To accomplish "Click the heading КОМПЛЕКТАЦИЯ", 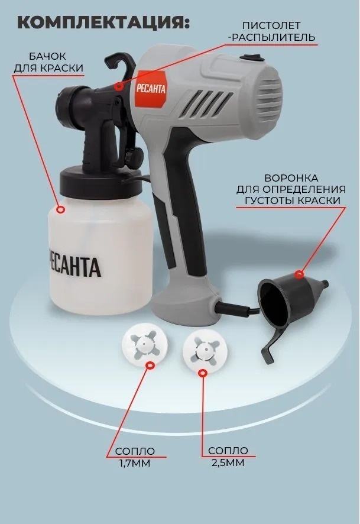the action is (x=103, y=22).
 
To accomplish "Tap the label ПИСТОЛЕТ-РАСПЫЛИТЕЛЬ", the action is (x=271, y=31).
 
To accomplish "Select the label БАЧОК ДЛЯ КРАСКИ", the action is (x=48, y=62).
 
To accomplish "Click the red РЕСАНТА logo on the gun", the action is (x=151, y=89).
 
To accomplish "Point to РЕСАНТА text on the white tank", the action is (x=74, y=266).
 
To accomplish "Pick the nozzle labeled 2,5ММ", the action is (x=205, y=349).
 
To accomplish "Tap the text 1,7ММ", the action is (x=135, y=463).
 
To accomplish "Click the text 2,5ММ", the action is (x=228, y=462).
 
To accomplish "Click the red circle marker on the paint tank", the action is (x=60, y=209).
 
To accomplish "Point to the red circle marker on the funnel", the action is (x=299, y=274).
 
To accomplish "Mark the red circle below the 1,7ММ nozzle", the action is (x=151, y=365).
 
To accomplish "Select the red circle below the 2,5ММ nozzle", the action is (x=202, y=373).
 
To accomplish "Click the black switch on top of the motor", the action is (x=253, y=59).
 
